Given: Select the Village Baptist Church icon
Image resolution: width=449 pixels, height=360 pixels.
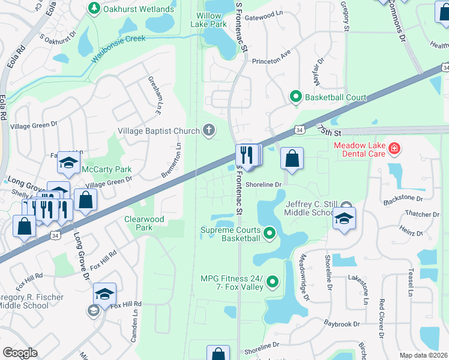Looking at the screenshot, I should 209,130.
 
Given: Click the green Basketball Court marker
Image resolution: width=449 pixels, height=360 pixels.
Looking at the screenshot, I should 295,96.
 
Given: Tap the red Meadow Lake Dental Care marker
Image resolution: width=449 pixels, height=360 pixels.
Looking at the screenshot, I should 394,148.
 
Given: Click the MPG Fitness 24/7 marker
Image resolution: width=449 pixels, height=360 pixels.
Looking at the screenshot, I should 273,281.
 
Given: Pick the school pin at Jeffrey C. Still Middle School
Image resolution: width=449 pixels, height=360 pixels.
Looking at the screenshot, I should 344,219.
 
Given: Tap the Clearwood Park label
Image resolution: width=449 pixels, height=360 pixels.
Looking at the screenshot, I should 144,223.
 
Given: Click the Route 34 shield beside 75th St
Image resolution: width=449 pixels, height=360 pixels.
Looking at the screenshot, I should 300,129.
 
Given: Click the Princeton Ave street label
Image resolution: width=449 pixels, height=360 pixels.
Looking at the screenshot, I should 271,52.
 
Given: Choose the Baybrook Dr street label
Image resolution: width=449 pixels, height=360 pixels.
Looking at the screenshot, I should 342,324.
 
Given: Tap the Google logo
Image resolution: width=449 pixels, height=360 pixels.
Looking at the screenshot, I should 20,352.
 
